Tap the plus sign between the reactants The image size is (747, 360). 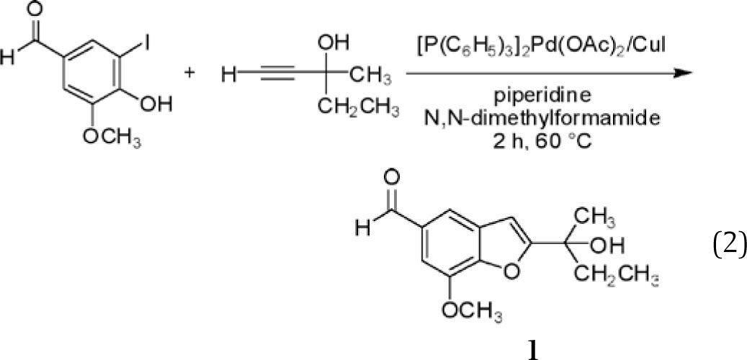(x=190, y=75)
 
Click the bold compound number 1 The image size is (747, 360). (x=532, y=348)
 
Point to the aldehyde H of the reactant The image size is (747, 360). (x=6, y=59)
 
